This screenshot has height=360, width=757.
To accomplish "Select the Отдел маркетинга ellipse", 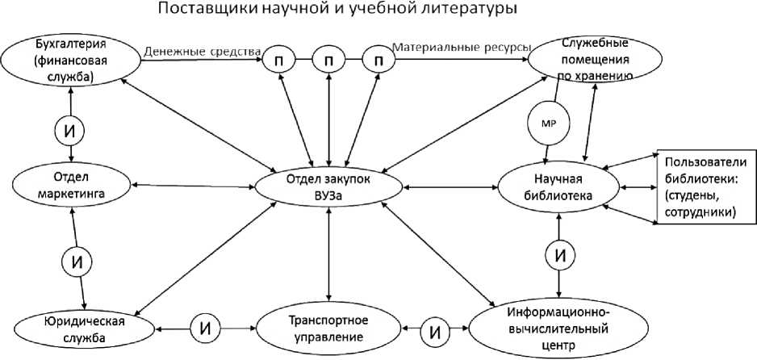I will [73, 186].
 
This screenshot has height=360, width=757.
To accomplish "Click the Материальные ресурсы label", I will [461, 48].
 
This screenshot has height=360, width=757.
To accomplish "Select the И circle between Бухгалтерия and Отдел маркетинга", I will [72, 127].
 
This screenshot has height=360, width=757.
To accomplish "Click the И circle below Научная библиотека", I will [559, 256].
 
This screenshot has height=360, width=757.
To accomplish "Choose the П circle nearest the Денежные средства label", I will [279, 59].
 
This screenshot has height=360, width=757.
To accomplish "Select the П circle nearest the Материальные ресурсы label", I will [376, 59].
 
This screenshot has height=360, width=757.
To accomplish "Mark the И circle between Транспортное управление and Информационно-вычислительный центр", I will [437, 330].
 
